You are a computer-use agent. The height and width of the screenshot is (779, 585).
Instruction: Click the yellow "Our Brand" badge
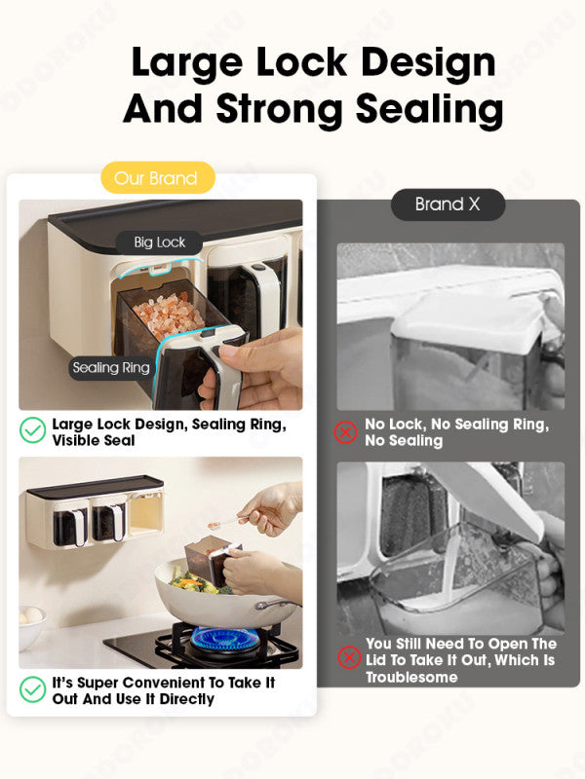tap(158, 177)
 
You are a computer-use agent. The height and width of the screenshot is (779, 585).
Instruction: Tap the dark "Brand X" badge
tap(448, 204)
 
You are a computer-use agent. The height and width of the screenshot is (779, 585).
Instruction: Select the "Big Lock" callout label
tap(159, 242)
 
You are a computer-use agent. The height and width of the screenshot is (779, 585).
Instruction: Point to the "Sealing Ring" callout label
tap(111, 368)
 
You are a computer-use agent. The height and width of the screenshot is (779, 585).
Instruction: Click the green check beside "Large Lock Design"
tap(33, 430)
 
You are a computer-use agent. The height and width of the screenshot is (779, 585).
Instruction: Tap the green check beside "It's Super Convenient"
tap(33, 689)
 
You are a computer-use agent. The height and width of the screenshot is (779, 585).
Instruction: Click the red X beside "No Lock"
tap(345, 431)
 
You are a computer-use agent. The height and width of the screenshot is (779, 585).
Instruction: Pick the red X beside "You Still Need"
tap(349, 657)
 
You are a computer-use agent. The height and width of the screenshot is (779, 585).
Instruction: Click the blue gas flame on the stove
tap(225, 637)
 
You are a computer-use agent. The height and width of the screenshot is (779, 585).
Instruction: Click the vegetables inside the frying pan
tap(194, 581)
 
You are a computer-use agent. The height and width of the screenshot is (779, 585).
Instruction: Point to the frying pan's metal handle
tap(277, 604)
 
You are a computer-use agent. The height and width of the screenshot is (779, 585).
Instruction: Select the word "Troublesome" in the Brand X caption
tap(411, 677)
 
